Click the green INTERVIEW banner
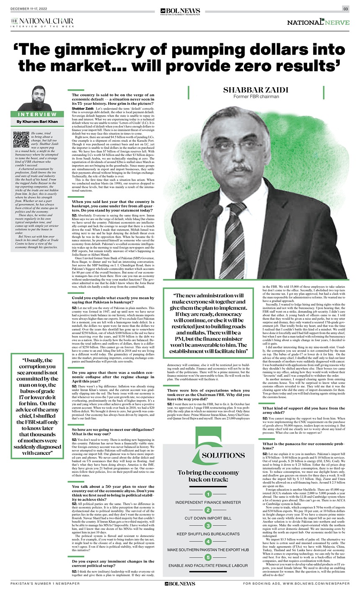tap(37, 114)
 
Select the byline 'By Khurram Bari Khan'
tap(37, 122)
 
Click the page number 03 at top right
tap(345, 9)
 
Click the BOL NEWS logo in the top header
tap(180, 10)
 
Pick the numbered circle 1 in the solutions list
tap(208, 495)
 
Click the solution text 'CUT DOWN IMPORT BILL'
tap(208, 518)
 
